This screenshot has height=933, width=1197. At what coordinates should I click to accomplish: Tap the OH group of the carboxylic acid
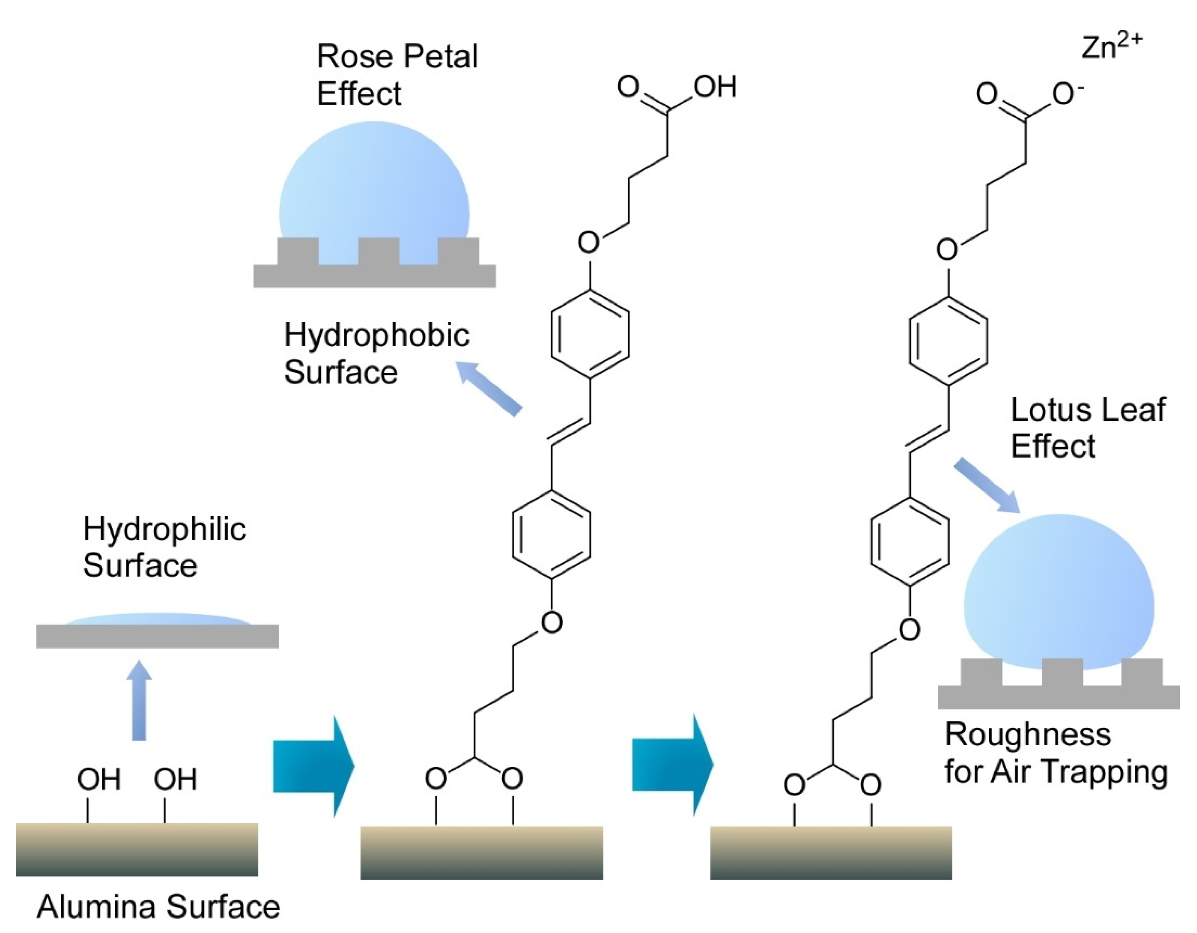715,87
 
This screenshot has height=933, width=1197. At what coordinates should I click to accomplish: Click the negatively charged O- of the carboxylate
1066,94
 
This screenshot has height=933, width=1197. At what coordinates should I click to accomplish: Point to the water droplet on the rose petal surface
374,192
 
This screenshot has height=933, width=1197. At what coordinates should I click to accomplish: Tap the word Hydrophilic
165,530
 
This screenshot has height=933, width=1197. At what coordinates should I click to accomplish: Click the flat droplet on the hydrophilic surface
158,620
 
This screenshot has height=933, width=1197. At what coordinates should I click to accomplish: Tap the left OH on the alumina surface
99,779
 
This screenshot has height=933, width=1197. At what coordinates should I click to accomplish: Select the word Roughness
1028,735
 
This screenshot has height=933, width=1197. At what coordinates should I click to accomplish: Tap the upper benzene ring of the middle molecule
590,334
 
